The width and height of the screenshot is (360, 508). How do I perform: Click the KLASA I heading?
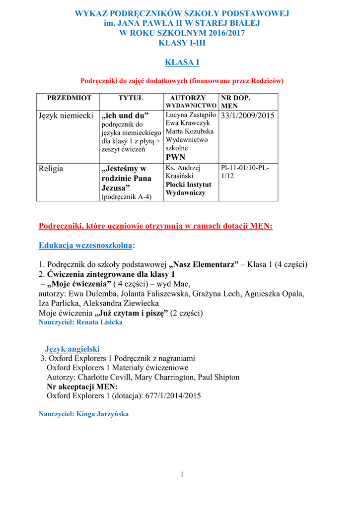[182, 62]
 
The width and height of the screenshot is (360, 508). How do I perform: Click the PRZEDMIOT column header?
[69, 98]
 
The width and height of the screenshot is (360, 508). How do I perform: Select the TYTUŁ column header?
[131, 98]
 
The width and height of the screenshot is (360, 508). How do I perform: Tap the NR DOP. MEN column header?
[236, 102]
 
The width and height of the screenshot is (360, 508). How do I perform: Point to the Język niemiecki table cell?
[66, 116]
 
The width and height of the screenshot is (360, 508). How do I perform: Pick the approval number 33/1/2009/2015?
[247, 116]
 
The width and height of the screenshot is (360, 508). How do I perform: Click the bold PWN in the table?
[175, 157]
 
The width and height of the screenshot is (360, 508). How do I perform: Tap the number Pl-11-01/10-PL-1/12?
[245, 172]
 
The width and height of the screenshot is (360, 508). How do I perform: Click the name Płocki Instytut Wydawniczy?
[188, 189]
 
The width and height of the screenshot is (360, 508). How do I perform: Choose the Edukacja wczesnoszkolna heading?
[86, 246]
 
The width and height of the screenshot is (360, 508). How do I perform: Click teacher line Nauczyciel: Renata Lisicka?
[80, 322]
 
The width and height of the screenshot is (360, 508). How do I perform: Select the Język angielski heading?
[72, 349]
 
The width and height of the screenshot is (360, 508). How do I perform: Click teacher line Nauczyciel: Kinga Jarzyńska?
[83, 414]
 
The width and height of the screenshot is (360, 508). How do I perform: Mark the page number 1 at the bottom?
[182, 474]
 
